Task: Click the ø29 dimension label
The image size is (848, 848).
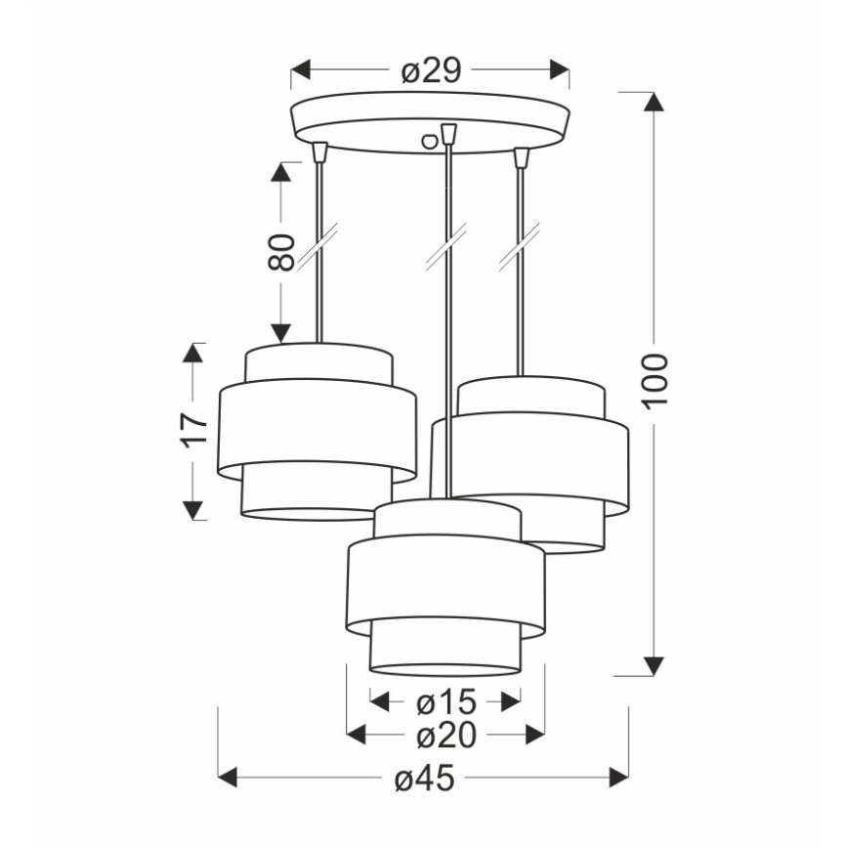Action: click(x=431, y=71)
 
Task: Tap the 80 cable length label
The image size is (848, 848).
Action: click(x=281, y=252)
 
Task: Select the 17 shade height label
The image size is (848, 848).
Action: click(x=194, y=429)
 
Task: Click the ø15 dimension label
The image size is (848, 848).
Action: click(x=445, y=700)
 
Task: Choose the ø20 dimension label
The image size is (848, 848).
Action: click(x=445, y=735)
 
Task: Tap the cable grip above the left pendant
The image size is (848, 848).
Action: click(x=318, y=151)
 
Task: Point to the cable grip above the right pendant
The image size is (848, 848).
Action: click(x=521, y=156)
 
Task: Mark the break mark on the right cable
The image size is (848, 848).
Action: click(x=520, y=247)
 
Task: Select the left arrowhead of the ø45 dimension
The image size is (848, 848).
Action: click(x=228, y=778)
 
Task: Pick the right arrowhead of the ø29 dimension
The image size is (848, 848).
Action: click(x=560, y=71)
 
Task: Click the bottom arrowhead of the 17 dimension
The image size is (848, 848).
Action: click(x=193, y=510)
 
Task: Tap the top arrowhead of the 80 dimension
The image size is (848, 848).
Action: click(x=281, y=172)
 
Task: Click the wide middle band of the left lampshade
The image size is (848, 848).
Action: click(x=317, y=430)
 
